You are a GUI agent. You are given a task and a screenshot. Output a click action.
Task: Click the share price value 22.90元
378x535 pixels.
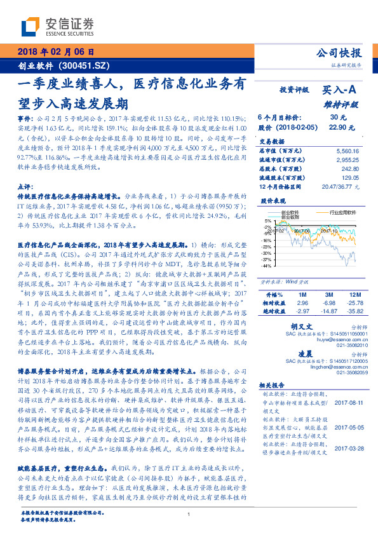tap(338, 127)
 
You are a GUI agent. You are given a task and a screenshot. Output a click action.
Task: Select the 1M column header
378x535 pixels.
tap(302, 295)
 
